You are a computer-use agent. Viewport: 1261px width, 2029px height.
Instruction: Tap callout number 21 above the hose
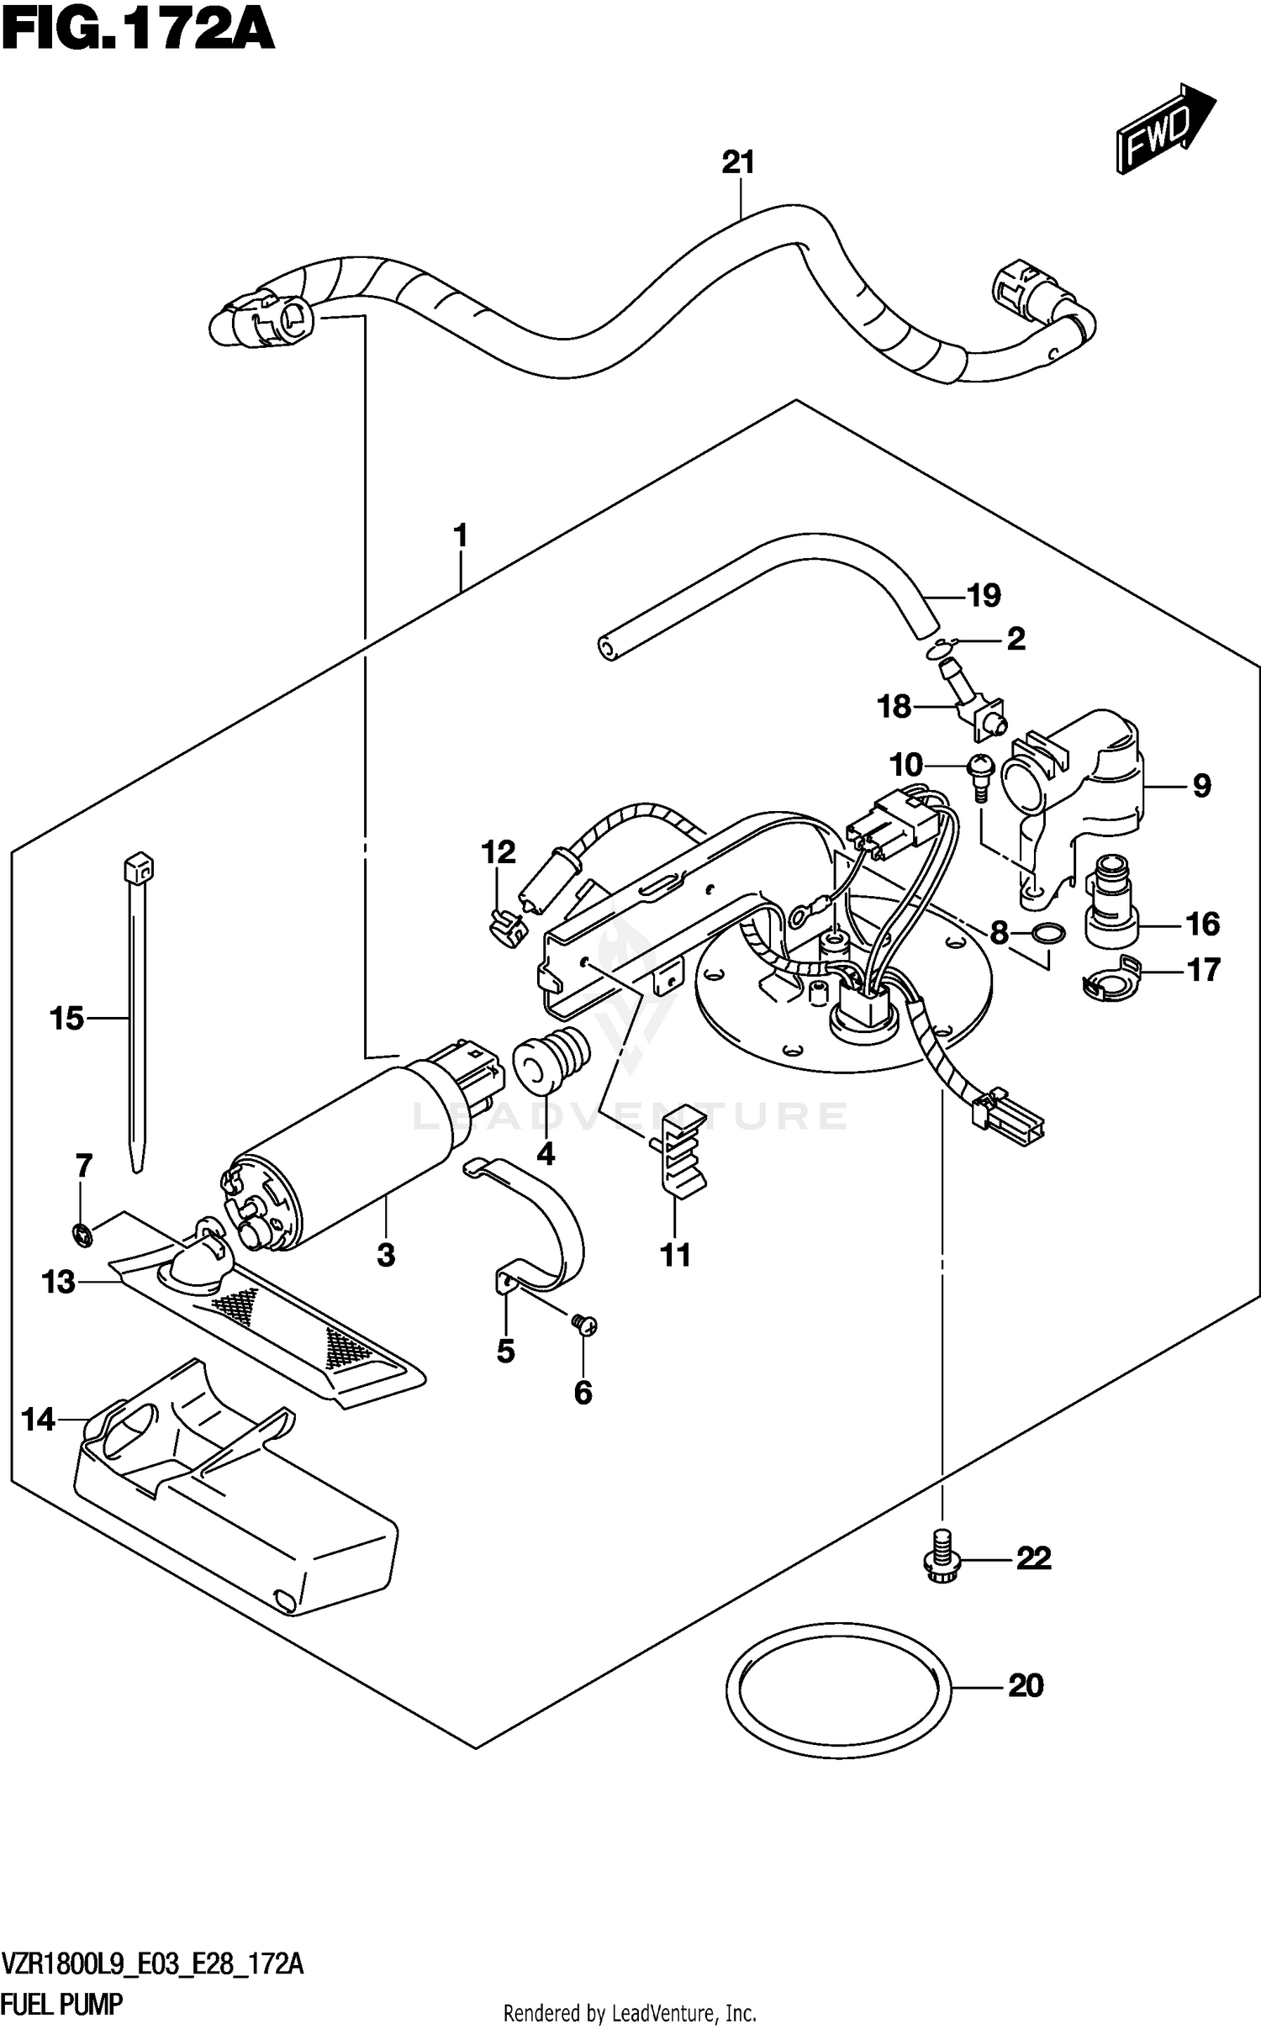tap(738, 162)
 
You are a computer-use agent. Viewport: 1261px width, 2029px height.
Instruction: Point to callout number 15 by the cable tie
tap(67, 1020)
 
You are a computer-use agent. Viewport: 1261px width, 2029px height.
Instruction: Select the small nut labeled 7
tap(82, 1233)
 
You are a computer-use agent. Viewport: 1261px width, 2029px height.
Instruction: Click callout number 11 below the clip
tap(675, 1255)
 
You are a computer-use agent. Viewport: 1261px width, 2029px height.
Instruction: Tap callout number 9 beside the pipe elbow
tap(1201, 787)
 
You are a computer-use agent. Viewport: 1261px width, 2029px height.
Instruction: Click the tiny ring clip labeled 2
tap(938, 648)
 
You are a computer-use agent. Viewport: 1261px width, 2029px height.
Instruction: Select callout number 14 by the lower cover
tap(38, 1420)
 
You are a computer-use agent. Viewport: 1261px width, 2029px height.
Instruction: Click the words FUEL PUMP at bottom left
tap(62, 2005)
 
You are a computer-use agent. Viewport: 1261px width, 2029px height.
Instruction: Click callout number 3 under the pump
tap(385, 1255)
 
